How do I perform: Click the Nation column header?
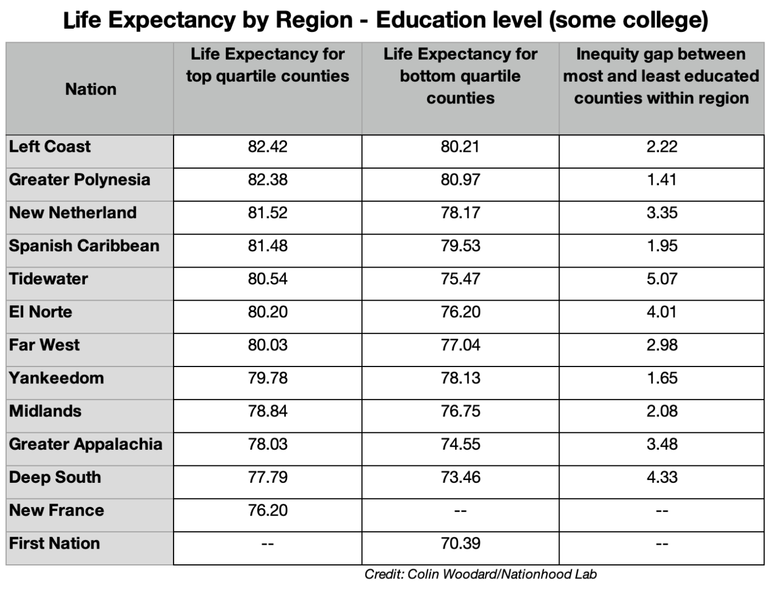coord(90,89)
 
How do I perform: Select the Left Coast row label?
coord(49,147)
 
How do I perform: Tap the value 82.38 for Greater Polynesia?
coord(267,180)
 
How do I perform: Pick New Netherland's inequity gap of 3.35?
coord(662,213)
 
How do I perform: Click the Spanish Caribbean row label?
coord(84,246)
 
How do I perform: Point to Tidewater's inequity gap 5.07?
coord(662,279)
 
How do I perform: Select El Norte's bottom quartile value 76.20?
coord(460,312)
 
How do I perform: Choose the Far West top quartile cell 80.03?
coord(267,345)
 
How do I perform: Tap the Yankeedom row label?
coord(56,378)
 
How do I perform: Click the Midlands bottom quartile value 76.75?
coord(460,411)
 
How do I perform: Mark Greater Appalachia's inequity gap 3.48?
coord(662,444)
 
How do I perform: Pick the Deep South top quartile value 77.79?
coord(267,477)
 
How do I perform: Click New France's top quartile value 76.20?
coord(267,510)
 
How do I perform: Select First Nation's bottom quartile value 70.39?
coord(460,544)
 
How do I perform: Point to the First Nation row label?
coord(54,544)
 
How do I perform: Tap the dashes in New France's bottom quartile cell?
coord(460,511)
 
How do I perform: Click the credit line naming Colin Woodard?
coord(480,574)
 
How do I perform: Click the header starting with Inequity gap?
coord(661,76)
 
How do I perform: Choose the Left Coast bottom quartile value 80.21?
coord(460,147)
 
